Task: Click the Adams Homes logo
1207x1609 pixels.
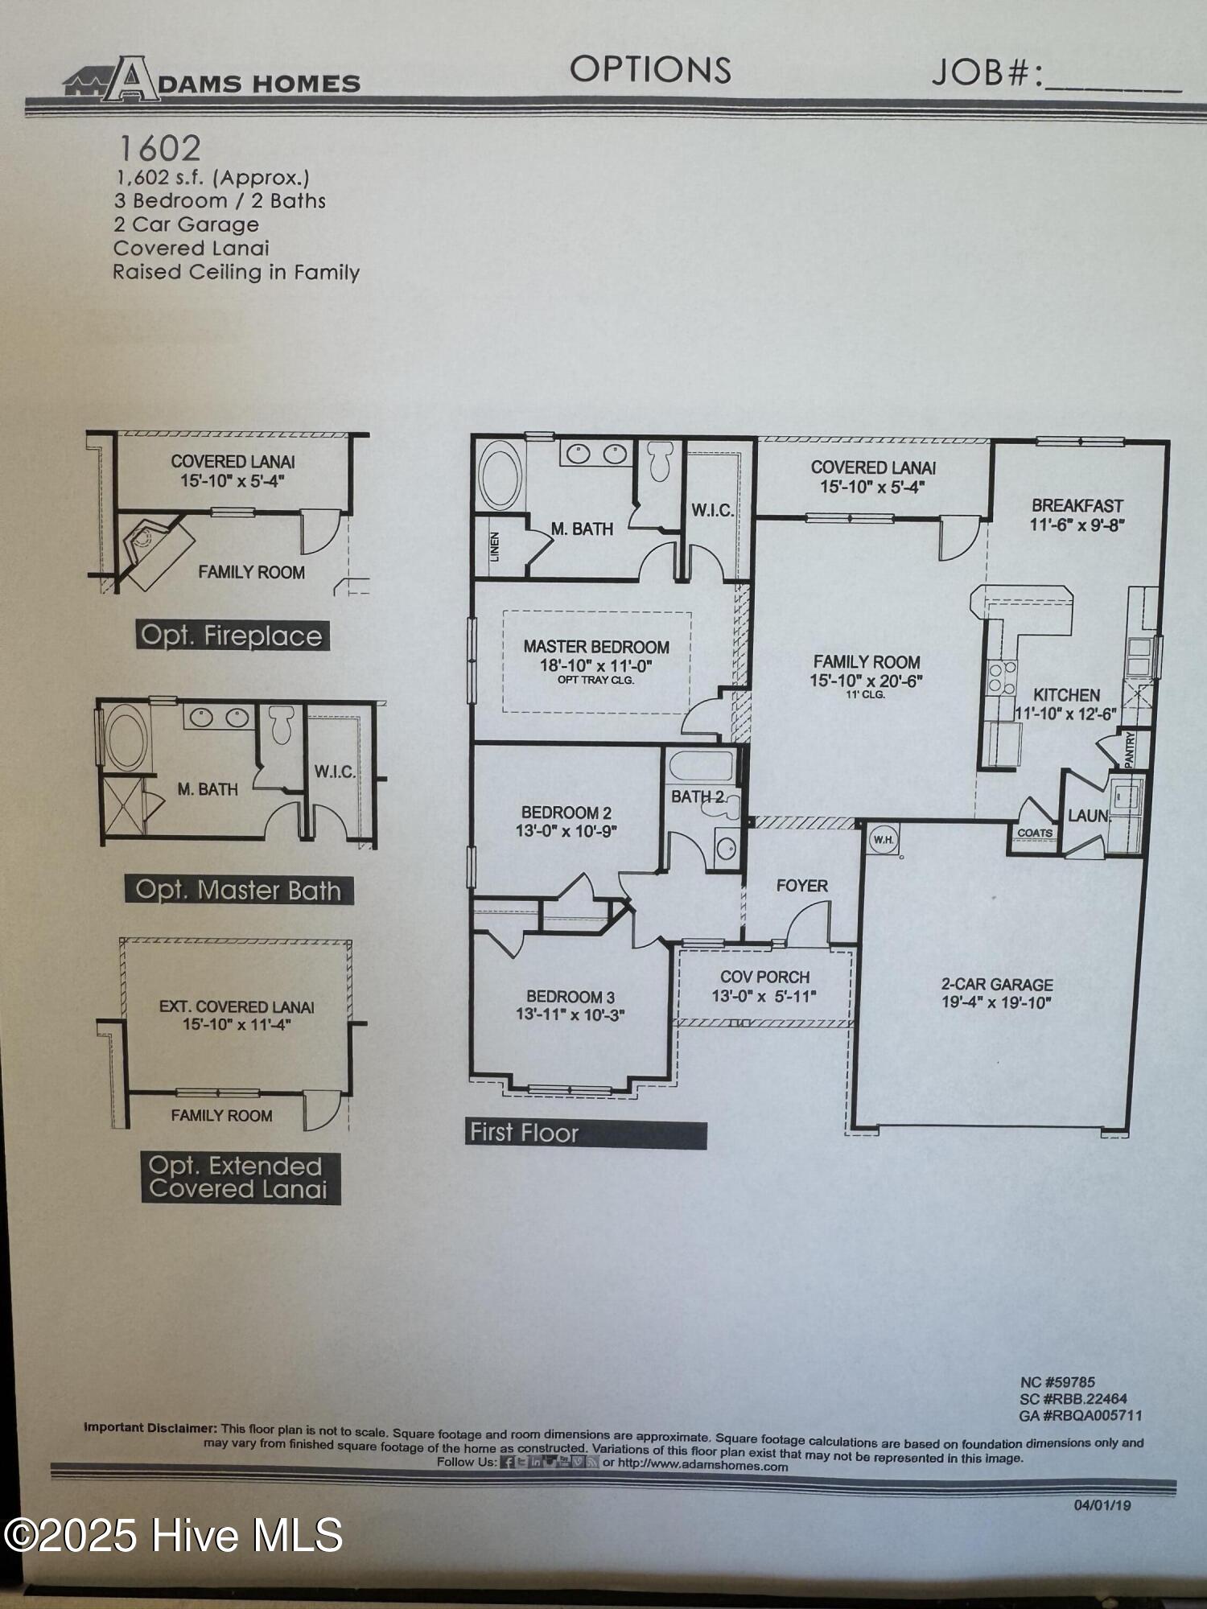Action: coord(212,79)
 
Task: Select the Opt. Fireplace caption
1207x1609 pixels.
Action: coord(232,636)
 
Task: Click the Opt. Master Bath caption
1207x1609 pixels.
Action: coord(239,890)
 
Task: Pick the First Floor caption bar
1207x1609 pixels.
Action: coord(586,1133)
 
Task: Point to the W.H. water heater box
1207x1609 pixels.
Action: coord(884,839)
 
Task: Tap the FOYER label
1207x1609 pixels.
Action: coord(801,886)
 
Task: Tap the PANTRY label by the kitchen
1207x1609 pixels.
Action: coord(1130,749)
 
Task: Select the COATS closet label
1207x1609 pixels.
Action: coord(1035,833)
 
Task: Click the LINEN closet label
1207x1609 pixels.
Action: coord(494,546)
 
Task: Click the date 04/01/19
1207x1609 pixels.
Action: coord(1102,1505)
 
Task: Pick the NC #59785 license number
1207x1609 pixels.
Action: coord(1057,1382)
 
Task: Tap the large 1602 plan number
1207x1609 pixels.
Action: coord(159,148)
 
